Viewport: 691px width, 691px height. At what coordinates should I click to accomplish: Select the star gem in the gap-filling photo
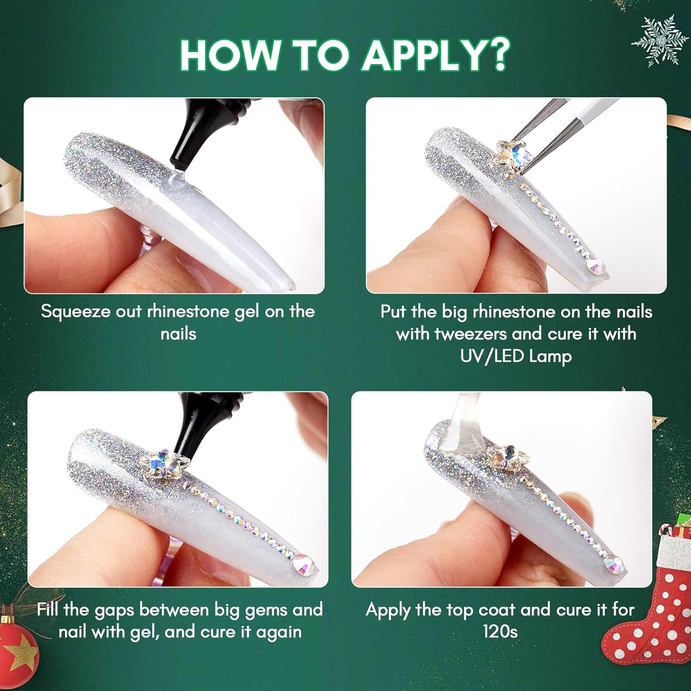164,465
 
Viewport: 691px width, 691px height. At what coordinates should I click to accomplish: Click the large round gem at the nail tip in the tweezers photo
595,266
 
